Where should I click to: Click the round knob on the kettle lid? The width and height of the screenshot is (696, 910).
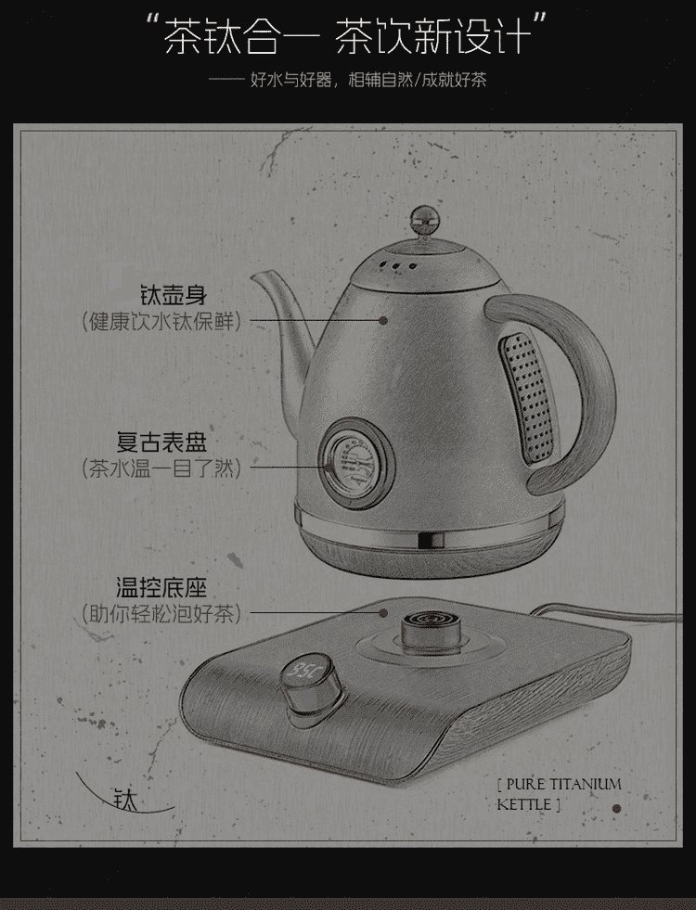point(425,221)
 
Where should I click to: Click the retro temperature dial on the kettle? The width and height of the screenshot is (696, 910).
point(355,464)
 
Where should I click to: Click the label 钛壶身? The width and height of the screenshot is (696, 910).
point(174,295)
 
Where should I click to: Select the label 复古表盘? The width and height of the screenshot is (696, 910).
point(161,442)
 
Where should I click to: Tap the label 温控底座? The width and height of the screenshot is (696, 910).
point(161,588)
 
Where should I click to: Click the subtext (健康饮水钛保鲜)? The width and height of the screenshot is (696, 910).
point(161,321)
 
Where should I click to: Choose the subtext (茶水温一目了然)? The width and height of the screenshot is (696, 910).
point(161,468)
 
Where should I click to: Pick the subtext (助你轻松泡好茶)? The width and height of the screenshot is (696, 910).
point(161,613)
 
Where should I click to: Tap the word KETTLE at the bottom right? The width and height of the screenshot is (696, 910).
point(524,804)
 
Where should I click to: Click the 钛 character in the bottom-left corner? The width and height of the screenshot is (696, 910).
point(125,800)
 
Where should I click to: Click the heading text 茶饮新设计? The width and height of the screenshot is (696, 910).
point(434,37)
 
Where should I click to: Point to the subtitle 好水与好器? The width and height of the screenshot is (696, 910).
point(290,80)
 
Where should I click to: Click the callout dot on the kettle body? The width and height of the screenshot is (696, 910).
point(383,320)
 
